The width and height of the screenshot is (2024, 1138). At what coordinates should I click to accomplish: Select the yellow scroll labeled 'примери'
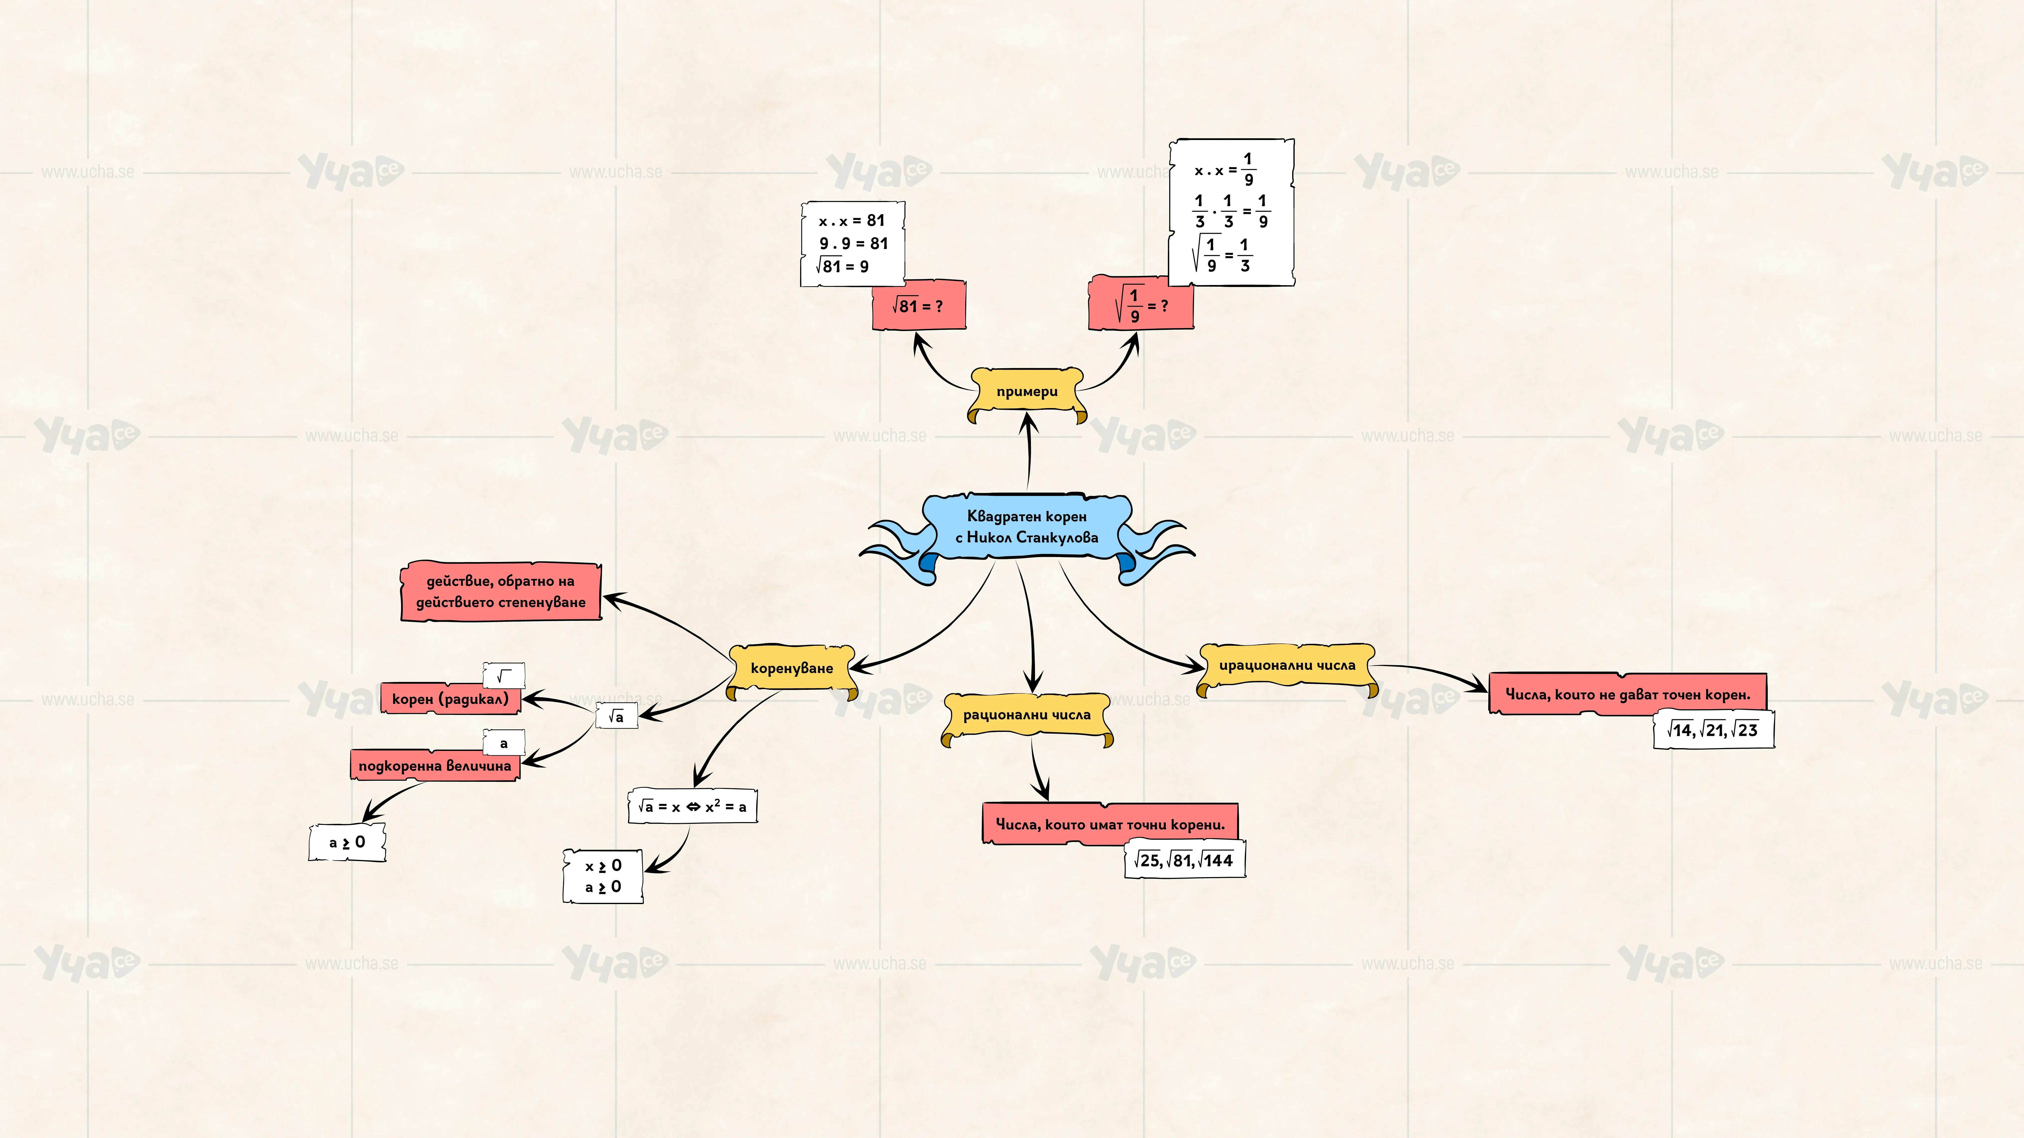[1027, 393]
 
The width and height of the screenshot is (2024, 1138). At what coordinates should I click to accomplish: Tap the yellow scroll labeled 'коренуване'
[791, 669]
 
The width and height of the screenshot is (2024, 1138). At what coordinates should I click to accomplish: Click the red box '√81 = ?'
[919, 305]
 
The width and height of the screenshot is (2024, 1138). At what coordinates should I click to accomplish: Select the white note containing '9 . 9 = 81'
[852, 243]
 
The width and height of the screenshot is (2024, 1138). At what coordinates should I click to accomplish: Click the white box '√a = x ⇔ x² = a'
[692, 807]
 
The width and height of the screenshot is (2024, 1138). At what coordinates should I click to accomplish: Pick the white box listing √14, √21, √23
[1713, 730]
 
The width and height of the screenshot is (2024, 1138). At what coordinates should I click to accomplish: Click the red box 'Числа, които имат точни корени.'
[1110, 824]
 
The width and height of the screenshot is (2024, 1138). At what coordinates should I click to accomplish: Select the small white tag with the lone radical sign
[504, 675]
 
